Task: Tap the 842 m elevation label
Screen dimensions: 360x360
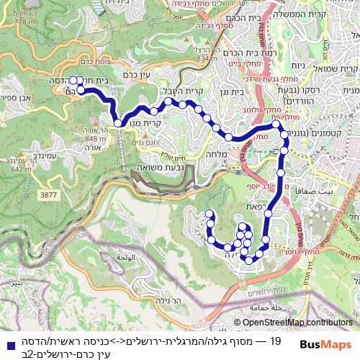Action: pyautogui.click(x=21, y=168)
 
